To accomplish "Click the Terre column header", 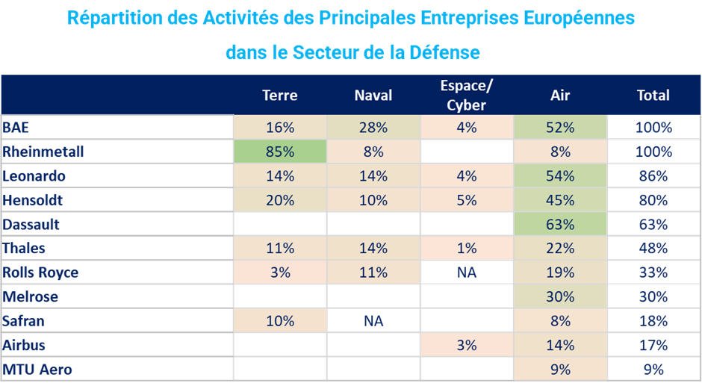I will pos(280,95).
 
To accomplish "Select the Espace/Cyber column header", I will pos(467,95).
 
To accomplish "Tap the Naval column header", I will pos(373,95).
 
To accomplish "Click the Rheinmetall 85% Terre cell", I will pos(280,152).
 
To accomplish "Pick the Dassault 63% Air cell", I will pos(560,224).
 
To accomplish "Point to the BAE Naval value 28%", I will pos(373,128).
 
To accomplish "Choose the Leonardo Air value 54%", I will pos(560,176).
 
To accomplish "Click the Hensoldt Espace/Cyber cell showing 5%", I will pos(467,200).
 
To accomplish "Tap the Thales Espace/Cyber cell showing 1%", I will pos(467,248).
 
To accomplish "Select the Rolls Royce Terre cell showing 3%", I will pos(280,273).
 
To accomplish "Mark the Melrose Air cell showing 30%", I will pos(560,296).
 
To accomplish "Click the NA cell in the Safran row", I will pos(373,321).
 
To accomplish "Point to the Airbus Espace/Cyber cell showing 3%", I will pos(467,345).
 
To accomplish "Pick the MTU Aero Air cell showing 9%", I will pos(560,369).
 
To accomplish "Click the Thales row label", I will pos(24,248).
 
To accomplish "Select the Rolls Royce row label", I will pos(40,273).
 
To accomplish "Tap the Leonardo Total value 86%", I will pos(653,176).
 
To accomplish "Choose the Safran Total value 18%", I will pos(653,321).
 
